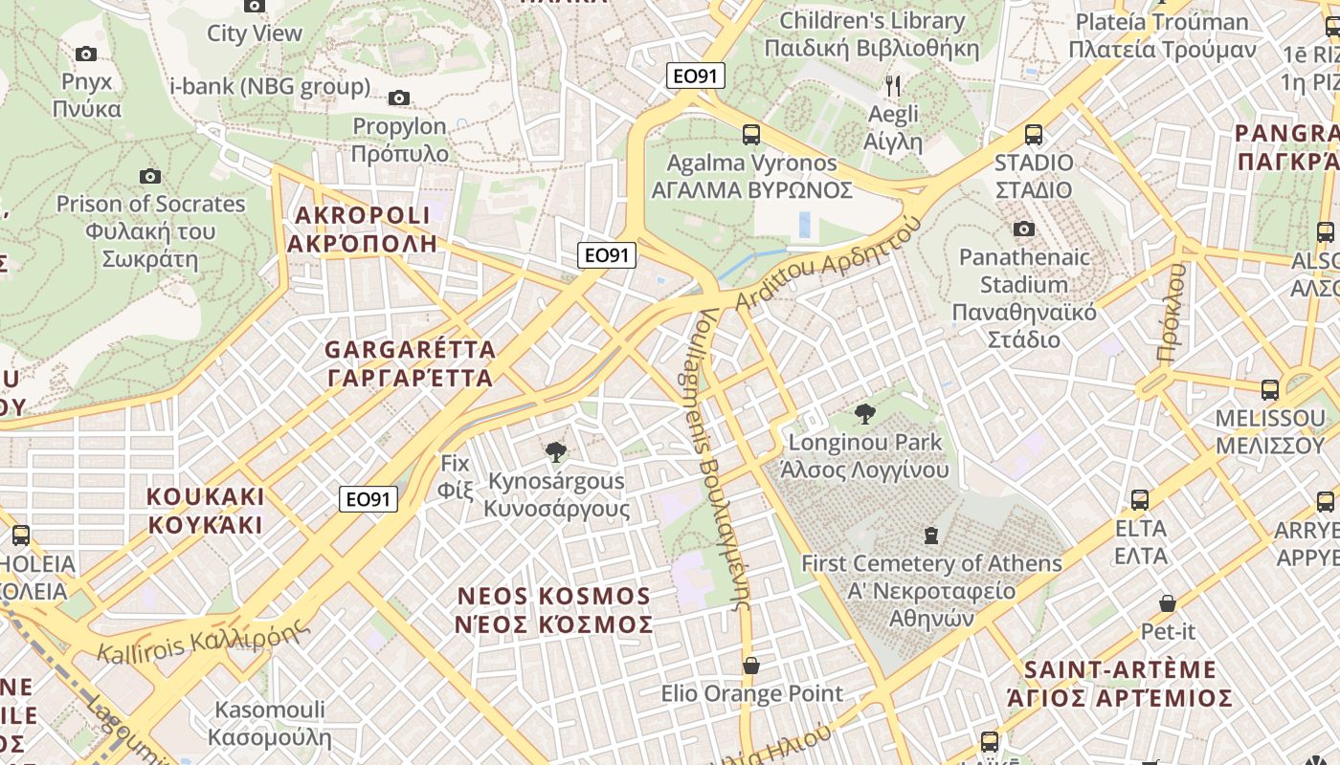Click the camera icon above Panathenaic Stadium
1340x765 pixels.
point(1024,229)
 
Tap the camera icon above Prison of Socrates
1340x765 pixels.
point(150,176)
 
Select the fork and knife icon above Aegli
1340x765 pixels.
point(893,87)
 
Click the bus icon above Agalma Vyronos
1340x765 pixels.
point(751,135)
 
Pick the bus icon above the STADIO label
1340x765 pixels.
point(1034,135)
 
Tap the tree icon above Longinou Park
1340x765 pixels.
point(865,414)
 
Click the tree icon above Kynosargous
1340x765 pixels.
point(555,452)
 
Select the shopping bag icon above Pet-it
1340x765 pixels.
point(1168,603)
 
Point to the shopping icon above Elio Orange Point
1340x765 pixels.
point(751,666)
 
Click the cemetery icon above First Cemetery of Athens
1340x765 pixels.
point(931,535)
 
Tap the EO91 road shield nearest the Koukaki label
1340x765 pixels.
point(368,498)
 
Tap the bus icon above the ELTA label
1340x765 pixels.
point(1140,500)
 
